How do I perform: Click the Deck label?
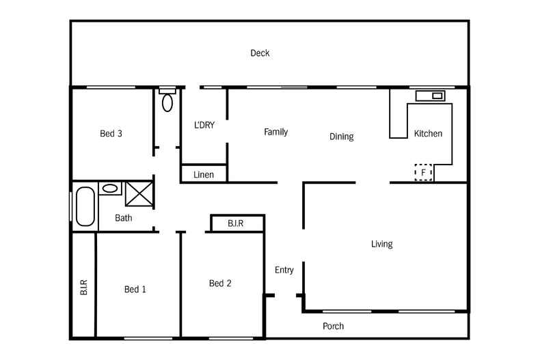point(260,53)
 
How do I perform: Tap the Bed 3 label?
point(111,133)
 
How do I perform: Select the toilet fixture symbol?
point(167,102)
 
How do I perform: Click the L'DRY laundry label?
point(204,125)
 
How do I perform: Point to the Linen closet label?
point(203,175)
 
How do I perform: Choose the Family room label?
point(275,132)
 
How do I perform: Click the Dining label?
point(341,137)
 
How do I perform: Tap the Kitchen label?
point(428,133)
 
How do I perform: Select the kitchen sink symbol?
point(429,95)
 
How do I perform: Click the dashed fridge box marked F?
point(424,173)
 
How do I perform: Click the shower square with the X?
point(139,195)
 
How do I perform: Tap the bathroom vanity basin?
point(109,189)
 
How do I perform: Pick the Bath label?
point(123,219)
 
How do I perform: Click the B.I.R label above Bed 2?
point(237,223)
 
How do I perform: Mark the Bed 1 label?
point(135,290)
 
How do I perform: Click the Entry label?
point(284,270)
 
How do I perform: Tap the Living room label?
point(381,244)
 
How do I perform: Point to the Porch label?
point(333,326)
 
